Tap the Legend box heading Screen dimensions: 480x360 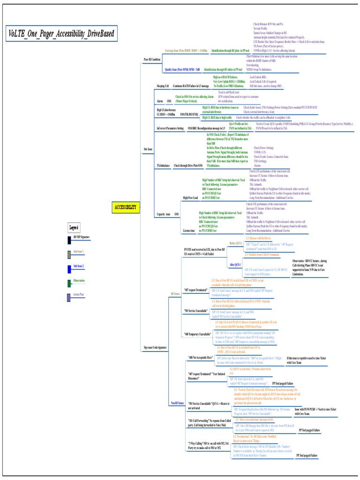74,228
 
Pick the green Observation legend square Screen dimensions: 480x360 69,282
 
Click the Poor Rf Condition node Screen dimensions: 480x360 151,60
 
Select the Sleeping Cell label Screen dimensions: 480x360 164,86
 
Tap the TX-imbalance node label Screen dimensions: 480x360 163,165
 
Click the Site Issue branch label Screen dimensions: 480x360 148,149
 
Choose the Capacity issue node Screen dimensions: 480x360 164,214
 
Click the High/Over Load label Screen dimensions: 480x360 190,198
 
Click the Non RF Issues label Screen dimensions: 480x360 176,403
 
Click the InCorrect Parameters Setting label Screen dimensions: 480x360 170,127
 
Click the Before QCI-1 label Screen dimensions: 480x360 235,244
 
